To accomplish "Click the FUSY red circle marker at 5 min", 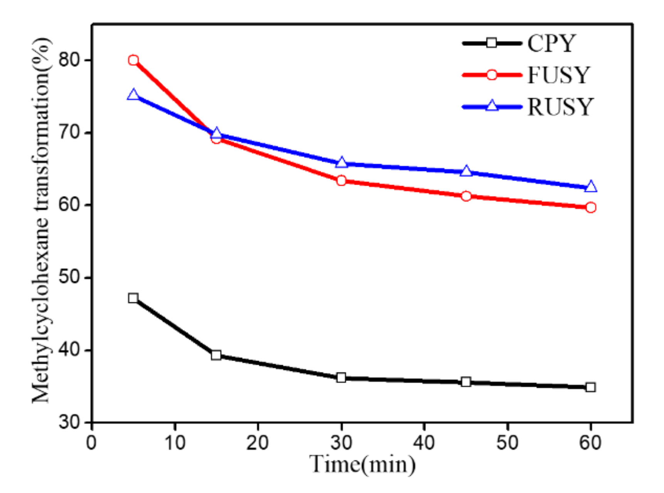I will tap(133, 60).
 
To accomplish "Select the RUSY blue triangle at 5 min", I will tap(133, 95).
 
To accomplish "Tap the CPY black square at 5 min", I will tap(133, 298).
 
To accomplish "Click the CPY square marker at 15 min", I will tap(216, 355).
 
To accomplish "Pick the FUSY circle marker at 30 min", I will tap(341, 180).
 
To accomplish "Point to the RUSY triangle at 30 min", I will tap(341, 163).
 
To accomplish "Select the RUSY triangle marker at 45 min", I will tap(466, 171).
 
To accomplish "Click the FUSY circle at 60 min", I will tap(591, 208).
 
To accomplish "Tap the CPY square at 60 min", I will tap(591, 387).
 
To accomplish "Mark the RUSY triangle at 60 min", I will tap(591, 187).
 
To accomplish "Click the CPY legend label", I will tap(551, 43).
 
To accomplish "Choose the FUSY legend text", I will tap(558, 75).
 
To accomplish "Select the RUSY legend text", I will tap(560, 107).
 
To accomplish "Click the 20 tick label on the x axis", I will tap(258, 443).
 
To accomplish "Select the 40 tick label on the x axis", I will tap(424, 443).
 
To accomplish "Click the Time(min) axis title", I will tap(362, 464).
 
